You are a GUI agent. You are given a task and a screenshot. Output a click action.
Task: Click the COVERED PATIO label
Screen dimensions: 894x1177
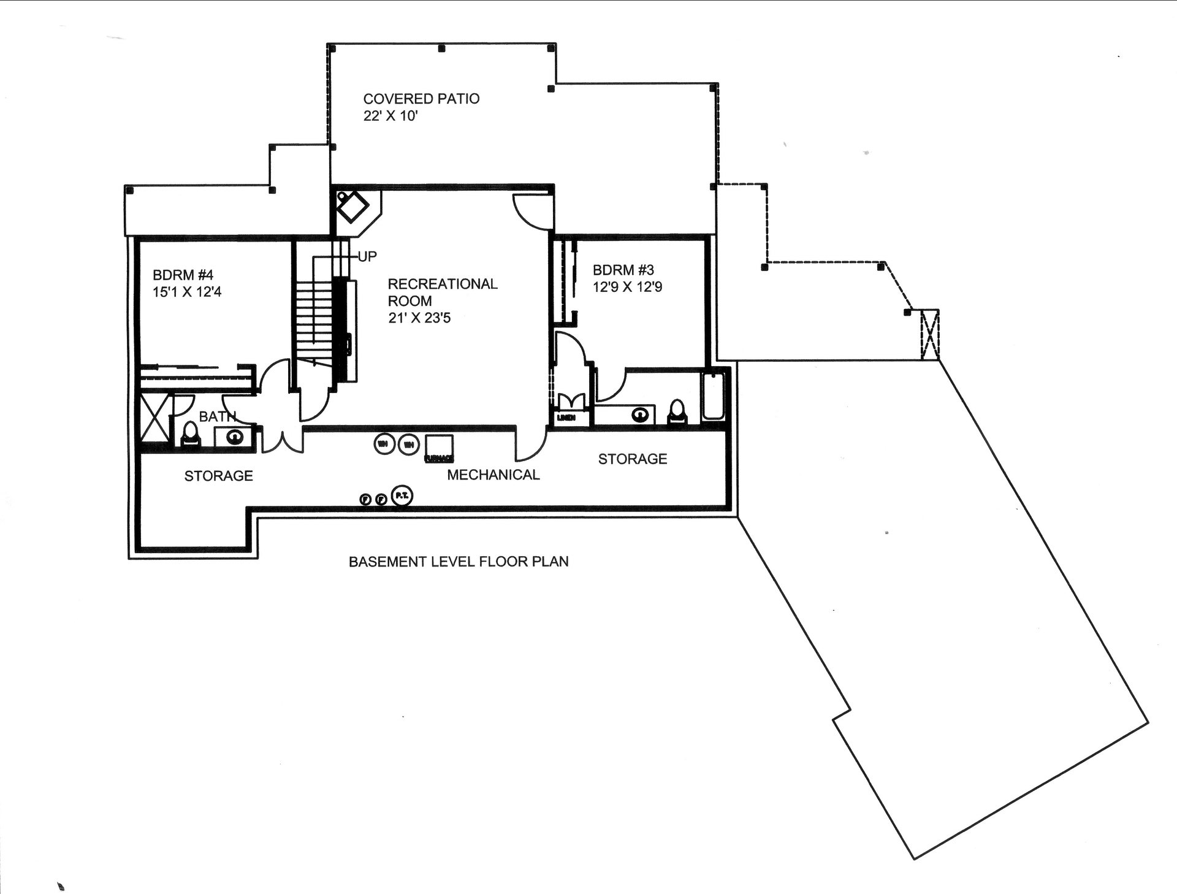421,99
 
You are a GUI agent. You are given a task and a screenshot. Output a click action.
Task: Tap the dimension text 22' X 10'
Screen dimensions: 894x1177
390,116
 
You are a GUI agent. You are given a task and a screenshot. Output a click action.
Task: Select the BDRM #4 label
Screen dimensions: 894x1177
183,275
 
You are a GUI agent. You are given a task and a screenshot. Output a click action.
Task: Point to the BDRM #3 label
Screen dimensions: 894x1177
623,270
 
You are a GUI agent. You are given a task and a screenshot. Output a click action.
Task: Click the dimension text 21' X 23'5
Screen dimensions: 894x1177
419,318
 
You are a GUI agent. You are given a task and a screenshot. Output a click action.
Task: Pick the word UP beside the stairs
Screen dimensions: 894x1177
367,256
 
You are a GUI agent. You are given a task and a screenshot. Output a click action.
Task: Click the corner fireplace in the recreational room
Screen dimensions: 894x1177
353,208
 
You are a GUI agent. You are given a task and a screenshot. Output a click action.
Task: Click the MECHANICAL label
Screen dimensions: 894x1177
493,475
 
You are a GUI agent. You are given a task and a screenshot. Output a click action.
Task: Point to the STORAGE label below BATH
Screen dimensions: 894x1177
219,476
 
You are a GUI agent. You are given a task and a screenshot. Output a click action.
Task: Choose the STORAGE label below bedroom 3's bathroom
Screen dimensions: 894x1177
632,459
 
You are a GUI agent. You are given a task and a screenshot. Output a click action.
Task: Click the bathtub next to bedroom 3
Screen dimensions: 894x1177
713,396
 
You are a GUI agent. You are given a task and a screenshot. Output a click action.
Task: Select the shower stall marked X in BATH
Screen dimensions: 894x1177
154,418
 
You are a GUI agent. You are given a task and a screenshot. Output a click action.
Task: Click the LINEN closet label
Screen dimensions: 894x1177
566,418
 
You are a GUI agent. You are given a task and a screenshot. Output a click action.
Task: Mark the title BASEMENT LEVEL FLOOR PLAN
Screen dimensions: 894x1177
459,562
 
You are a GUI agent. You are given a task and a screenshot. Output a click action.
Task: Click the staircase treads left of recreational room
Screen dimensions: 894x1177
314,319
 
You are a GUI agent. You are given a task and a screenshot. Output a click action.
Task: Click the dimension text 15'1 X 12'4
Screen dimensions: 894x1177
187,292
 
